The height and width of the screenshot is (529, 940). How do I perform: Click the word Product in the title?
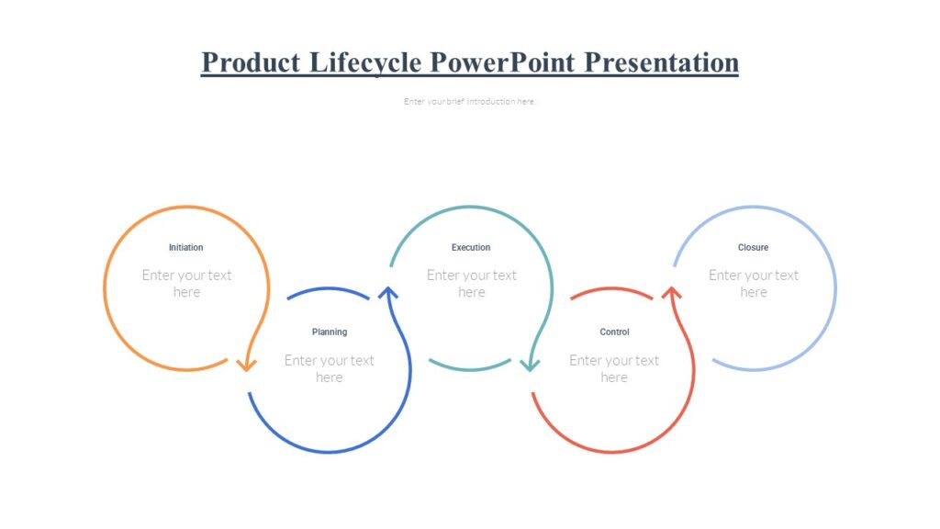[x=251, y=62]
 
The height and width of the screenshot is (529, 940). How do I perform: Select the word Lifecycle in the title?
[x=365, y=63]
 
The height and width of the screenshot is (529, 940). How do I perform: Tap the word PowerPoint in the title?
[x=502, y=62]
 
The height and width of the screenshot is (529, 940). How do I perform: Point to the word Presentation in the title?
[x=661, y=62]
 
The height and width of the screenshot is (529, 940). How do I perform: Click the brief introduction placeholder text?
[x=469, y=101]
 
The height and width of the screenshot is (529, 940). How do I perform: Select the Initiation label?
[x=185, y=247]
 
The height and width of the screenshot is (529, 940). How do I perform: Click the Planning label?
[x=330, y=332]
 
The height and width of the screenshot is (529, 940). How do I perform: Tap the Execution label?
[x=471, y=247]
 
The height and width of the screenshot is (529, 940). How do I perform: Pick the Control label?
[x=614, y=332]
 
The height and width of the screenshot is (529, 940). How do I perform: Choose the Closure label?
[x=753, y=247]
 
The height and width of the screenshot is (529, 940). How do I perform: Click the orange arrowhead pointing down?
[x=246, y=365]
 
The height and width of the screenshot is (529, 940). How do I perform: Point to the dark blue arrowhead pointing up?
[x=388, y=293]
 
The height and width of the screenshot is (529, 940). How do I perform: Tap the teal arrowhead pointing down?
[x=530, y=365]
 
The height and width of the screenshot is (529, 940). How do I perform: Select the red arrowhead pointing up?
[x=671, y=293]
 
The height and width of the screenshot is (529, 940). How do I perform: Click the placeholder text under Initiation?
[x=186, y=284]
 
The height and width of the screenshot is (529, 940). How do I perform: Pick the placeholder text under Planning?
[x=330, y=368]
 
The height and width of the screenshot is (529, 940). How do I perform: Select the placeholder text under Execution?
[x=471, y=284]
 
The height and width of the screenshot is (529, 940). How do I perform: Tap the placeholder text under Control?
[x=614, y=368]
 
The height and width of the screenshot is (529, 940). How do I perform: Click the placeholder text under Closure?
[x=754, y=284]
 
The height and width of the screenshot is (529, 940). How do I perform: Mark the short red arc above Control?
[x=611, y=289]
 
